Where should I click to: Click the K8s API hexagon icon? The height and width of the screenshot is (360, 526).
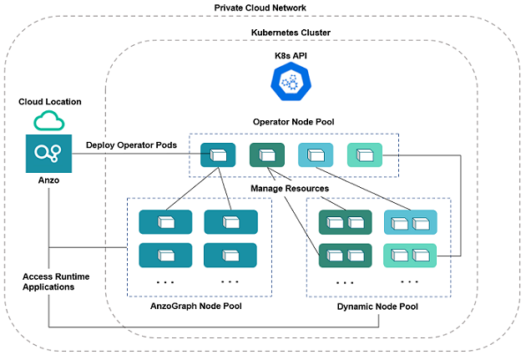point(291,82)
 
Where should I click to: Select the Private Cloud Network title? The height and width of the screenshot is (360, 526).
point(261,8)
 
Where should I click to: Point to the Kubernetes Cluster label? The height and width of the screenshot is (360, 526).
point(291,33)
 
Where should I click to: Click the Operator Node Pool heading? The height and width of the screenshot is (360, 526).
point(293,122)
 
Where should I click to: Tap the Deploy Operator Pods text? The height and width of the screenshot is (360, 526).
point(131,145)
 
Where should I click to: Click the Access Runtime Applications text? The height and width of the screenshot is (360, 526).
point(55,281)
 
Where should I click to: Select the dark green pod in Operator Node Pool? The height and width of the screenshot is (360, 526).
point(266,155)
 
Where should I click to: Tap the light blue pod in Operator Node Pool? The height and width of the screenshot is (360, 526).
point(316,155)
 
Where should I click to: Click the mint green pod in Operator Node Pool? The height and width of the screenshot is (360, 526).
point(364,155)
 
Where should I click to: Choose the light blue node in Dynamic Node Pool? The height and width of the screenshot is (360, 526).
point(409,221)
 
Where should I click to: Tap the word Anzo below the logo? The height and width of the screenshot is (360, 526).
point(49,178)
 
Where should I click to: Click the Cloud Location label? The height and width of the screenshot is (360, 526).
point(50,102)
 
